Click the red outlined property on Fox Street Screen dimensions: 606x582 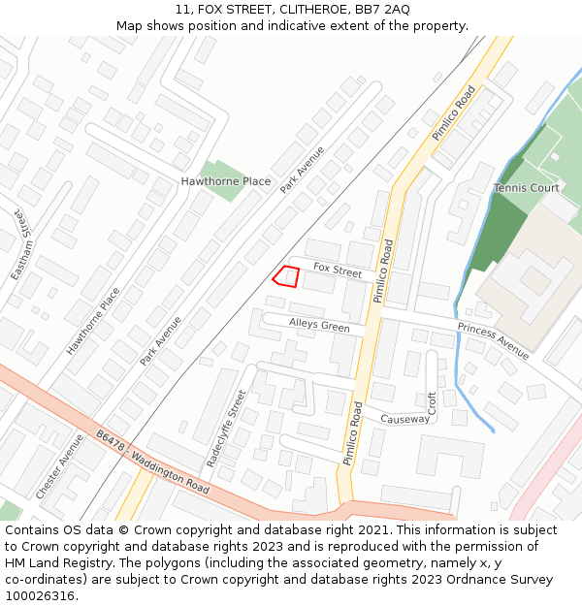[285, 276]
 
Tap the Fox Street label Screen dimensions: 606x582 [337, 271]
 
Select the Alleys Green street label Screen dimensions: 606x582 [319, 326]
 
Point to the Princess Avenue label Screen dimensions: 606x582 [493, 341]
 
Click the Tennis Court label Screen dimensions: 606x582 [527, 187]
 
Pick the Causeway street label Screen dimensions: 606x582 [404, 419]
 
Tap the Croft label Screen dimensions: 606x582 [433, 403]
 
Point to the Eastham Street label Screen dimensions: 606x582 [21, 245]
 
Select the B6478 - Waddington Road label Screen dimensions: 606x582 [152, 463]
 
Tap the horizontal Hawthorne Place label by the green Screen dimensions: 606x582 [226, 181]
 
